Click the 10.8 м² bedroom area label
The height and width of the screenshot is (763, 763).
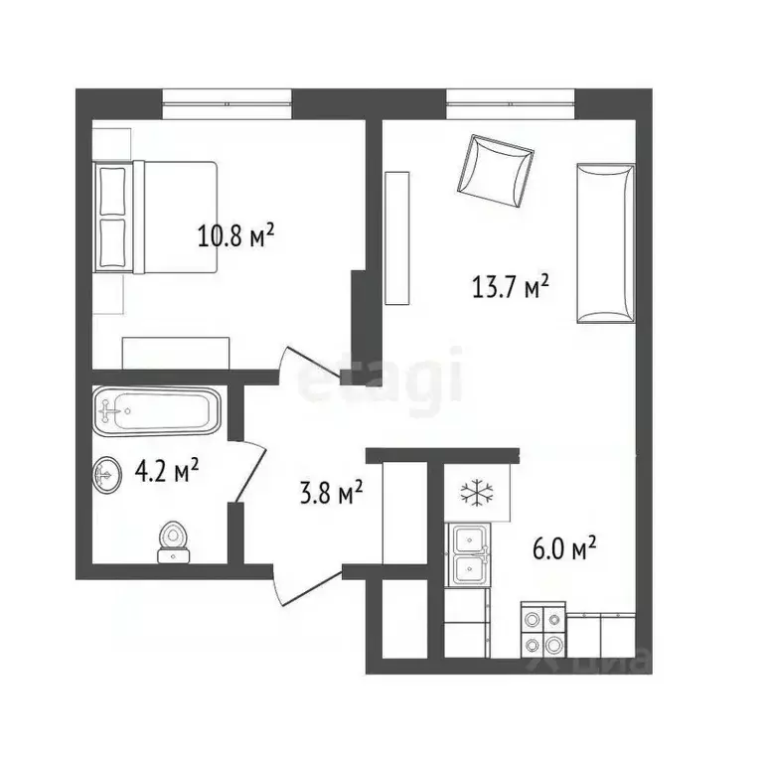click(x=235, y=237)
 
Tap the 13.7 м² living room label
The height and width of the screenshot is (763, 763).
click(x=510, y=288)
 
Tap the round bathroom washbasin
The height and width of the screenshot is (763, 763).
click(x=108, y=474)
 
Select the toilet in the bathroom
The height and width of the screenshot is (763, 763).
click(x=174, y=540)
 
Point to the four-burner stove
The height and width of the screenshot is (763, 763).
click(x=542, y=632)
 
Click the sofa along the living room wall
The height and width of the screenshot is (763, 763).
click(x=605, y=242)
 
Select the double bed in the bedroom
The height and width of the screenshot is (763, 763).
click(x=156, y=217)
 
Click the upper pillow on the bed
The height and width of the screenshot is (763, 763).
click(x=113, y=190)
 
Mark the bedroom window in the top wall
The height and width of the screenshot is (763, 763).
click(x=227, y=102)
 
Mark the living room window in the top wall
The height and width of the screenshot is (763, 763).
click(x=511, y=102)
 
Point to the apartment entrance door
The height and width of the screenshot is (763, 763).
click(x=306, y=587)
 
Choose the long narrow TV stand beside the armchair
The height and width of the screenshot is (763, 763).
click(x=397, y=238)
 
